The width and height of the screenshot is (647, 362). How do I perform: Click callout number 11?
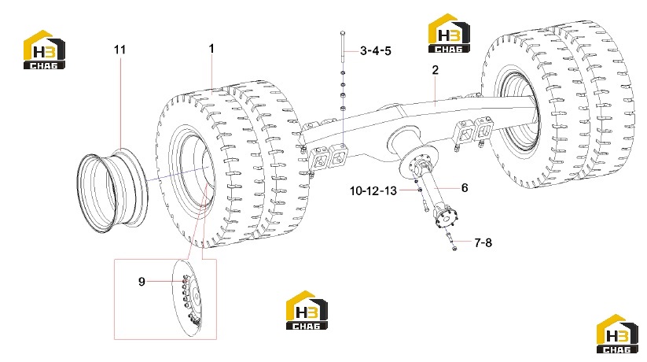[x=119, y=50]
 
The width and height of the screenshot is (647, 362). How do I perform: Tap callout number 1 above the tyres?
[x=211, y=49]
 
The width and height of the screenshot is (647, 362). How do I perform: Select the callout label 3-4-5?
[x=376, y=51]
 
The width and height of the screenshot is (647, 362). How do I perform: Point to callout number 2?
[x=436, y=70]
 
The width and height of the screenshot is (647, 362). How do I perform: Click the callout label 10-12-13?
[x=373, y=191]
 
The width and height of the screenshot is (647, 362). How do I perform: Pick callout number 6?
[x=465, y=188]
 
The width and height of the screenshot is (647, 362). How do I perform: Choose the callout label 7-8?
[x=483, y=242]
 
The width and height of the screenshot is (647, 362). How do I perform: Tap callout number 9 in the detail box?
[x=142, y=282]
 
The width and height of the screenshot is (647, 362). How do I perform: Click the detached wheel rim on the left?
[x=111, y=191]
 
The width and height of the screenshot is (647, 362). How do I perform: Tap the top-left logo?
[x=44, y=49]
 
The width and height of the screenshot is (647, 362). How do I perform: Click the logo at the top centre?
[x=449, y=33]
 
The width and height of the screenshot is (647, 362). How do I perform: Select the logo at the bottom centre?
[x=307, y=310]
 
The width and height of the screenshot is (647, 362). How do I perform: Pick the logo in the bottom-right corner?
[x=618, y=334]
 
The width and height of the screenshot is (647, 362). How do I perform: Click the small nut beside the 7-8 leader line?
[x=454, y=248]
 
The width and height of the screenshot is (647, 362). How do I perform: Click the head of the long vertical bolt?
[x=344, y=32]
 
